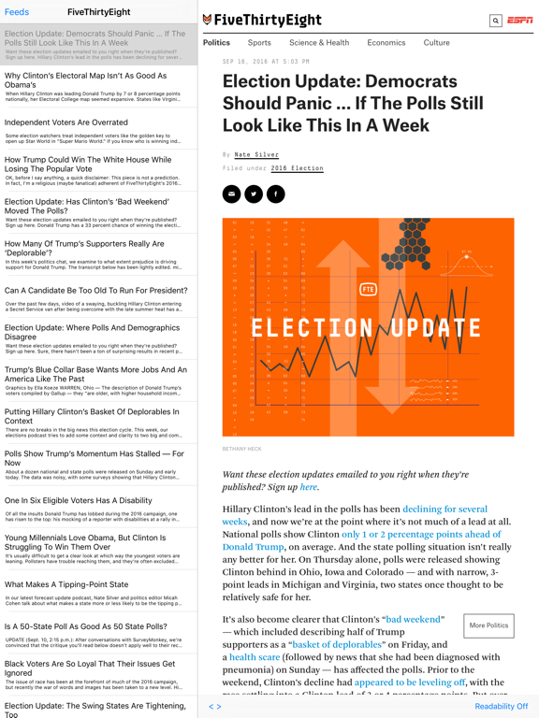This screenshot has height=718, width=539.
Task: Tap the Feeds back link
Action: pyautogui.click(x=17, y=12)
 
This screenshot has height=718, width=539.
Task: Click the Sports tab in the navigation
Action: pyautogui.click(x=259, y=43)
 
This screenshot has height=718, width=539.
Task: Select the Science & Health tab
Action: pyautogui.click(x=319, y=43)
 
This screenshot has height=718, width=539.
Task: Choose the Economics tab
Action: pyautogui.click(x=386, y=43)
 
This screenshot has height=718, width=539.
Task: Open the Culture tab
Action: pyautogui.click(x=436, y=43)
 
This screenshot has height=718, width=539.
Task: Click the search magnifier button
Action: pyautogui.click(x=496, y=20)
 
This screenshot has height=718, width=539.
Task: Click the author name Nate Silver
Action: pyautogui.click(x=255, y=154)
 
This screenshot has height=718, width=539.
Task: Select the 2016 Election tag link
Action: pyautogui.click(x=297, y=168)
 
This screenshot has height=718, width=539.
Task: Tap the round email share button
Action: pyautogui.click(x=232, y=194)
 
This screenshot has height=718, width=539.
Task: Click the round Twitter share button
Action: pyautogui.click(x=254, y=194)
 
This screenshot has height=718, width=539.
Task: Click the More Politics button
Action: pyautogui.click(x=488, y=625)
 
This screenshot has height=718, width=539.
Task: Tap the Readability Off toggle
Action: pyautogui.click(x=501, y=707)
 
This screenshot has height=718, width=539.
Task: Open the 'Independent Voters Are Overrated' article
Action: pyautogui.click(x=66, y=122)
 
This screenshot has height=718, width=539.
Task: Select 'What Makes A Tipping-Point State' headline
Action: pyautogui.click(x=66, y=584)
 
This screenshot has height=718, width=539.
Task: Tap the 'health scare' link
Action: pyautogui.click(x=255, y=657)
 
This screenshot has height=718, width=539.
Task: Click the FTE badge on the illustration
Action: pyautogui.click(x=368, y=290)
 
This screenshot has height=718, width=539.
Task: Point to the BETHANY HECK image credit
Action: pyautogui.click(x=242, y=449)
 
